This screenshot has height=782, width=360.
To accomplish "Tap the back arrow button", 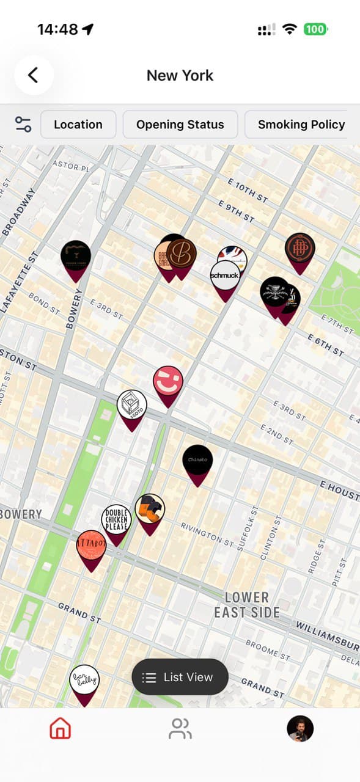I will click(x=34, y=75).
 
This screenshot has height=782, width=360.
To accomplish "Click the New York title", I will click(x=180, y=76).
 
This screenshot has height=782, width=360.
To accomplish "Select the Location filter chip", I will click(x=78, y=125).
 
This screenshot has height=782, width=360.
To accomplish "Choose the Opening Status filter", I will click(x=180, y=125).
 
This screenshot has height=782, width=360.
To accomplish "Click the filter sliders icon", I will click(x=23, y=125).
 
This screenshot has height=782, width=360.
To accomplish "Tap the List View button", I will click(x=180, y=677).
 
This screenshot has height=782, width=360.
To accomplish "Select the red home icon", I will click(x=60, y=728).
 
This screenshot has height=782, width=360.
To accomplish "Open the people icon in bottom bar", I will click(x=180, y=728).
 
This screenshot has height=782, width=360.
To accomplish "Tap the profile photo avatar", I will click(x=300, y=728).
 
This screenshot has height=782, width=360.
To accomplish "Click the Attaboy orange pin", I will click(x=91, y=546).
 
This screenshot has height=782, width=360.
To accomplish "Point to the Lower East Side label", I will click(x=247, y=604).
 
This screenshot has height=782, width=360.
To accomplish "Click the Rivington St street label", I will click(x=207, y=533).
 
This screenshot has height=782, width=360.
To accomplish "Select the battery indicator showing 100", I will click(x=315, y=29).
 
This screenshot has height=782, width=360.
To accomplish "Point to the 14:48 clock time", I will click(x=57, y=29).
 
